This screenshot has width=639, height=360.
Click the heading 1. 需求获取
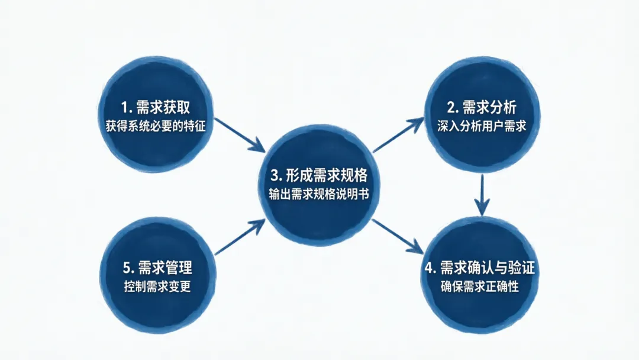157,107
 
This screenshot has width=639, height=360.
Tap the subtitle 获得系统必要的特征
156,126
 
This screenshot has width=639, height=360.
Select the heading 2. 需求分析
482,107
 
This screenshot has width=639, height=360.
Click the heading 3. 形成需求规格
319,175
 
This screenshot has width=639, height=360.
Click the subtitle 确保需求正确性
480,287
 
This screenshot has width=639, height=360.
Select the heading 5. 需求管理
156,268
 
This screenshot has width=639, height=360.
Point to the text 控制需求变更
157,287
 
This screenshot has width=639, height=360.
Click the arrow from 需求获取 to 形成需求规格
240,134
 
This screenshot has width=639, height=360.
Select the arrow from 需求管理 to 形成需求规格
240,237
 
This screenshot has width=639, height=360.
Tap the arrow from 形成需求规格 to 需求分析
397,135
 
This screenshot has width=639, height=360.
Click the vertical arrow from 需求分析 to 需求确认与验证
483,194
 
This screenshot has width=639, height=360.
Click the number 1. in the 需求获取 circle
126,108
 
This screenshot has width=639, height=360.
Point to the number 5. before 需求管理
127,268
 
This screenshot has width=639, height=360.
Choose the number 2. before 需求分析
451,108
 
